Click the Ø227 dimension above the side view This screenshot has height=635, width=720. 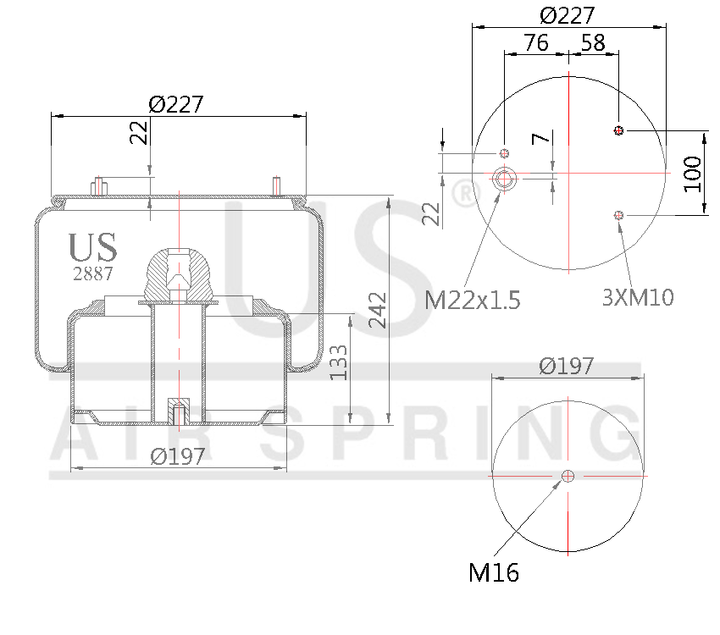pos(177,104)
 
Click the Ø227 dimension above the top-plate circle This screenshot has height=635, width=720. pos(568,15)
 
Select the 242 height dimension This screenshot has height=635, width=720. pos(378,311)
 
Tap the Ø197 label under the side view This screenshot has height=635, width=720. pos(178,456)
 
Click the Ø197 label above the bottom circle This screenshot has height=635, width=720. pos(567,366)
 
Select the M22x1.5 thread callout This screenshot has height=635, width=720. pos(472,300)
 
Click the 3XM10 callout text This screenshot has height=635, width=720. pos(638,297)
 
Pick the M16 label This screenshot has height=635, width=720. pos(494,573)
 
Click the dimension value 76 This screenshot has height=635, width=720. pos(535,42)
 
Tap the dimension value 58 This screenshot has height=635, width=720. pos(593,42)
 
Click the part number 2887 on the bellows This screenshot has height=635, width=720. pos(92,273)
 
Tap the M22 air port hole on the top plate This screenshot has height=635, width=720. pos(505,179)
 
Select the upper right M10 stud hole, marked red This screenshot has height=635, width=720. pos(618,130)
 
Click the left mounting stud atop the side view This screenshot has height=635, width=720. pos(99,185)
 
